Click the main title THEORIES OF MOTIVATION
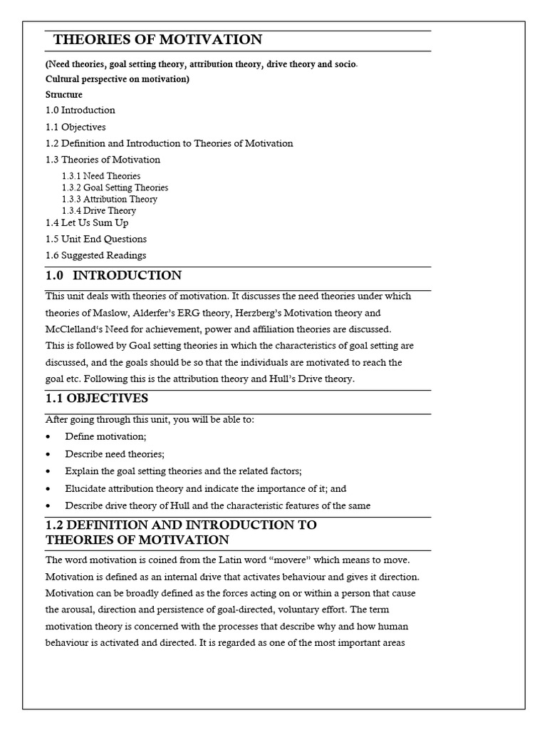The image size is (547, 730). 158,40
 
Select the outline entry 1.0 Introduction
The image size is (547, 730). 80,110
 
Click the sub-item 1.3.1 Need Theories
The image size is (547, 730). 101,176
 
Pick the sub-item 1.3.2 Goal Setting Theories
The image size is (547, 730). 115,187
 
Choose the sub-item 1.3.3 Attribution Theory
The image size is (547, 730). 110,199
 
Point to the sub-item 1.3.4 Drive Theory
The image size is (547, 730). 99,210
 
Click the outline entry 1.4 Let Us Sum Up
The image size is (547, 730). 87,222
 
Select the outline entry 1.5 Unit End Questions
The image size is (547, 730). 96,239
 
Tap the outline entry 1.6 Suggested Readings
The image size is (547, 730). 96,255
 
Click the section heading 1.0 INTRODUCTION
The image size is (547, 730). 114,275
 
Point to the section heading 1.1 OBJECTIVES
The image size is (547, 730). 97,398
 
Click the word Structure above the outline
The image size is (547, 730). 64,94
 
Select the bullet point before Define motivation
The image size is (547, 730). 48,436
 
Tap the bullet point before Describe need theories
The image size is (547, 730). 48,454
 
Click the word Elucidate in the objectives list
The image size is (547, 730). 85,489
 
